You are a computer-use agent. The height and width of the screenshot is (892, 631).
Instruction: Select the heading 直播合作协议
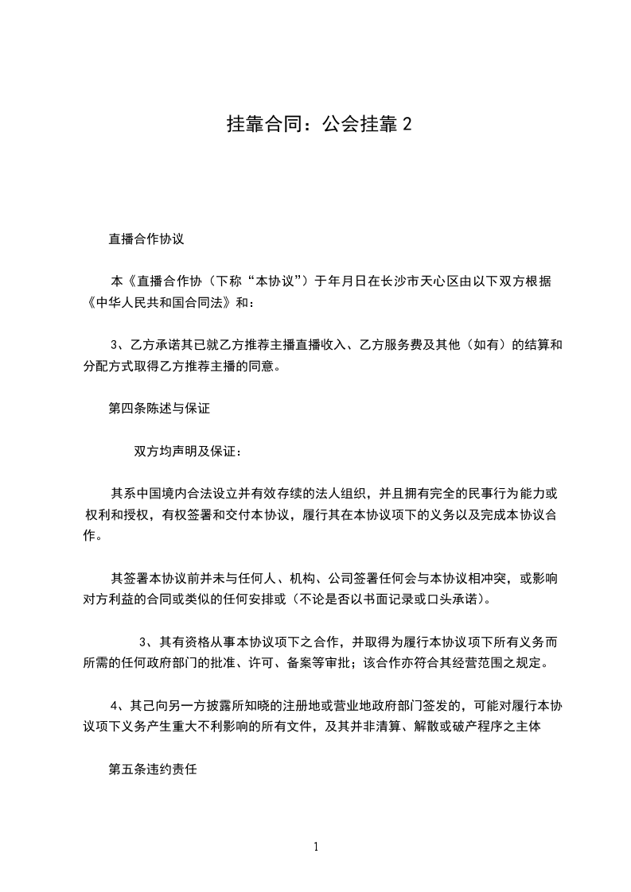pyautogui.click(x=146, y=238)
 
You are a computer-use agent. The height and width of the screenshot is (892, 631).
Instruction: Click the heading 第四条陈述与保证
pyautogui.click(x=158, y=409)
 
